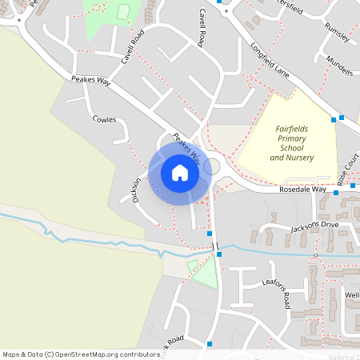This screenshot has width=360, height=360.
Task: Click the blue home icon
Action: (179, 172)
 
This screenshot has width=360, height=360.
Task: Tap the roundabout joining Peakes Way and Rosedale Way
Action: (212, 166)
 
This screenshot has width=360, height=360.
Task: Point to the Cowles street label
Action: (105, 120)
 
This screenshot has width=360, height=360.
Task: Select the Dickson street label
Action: (136, 189)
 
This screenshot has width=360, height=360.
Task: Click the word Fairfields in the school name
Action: (297, 128)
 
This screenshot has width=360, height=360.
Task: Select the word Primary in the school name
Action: (292, 138)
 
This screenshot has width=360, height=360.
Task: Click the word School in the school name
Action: (292, 148)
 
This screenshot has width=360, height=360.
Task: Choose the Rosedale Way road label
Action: (302, 190)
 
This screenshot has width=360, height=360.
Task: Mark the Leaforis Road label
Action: (276, 291)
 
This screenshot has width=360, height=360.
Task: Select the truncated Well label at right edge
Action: (352, 295)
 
